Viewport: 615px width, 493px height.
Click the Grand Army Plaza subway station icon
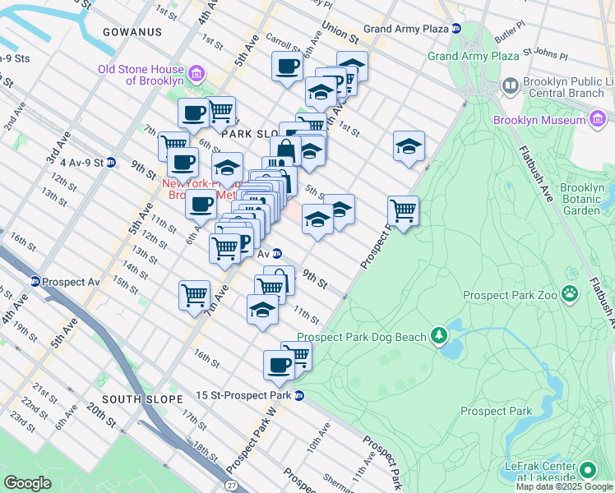click(x=455, y=29)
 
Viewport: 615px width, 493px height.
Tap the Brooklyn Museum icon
click(x=599, y=120)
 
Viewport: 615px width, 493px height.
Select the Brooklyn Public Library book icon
click(x=510, y=85)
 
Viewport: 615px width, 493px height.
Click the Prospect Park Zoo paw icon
click(x=568, y=294)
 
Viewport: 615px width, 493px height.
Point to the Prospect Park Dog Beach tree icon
click(x=440, y=335)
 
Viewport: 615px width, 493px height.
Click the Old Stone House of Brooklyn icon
click(x=196, y=74)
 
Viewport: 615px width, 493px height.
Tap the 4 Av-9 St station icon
click(x=110, y=163)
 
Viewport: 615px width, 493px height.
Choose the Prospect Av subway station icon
click(x=35, y=281)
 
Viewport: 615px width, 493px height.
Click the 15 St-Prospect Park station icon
click(x=299, y=395)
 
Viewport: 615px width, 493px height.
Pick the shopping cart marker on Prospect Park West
click(x=403, y=210)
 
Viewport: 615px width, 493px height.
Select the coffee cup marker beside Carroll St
click(x=288, y=67)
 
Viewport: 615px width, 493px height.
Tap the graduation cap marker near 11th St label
click(x=262, y=310)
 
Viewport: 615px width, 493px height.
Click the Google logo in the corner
click(x=28, y=483)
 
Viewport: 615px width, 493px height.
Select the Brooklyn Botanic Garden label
click(x=581, y=199)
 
